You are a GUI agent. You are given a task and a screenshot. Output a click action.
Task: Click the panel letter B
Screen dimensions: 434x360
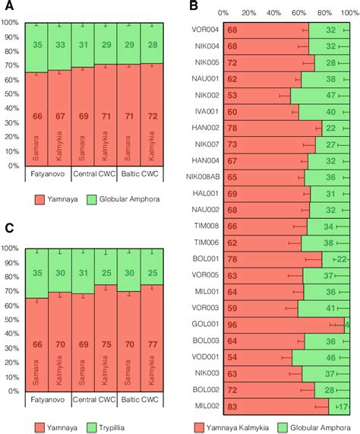point(194,7)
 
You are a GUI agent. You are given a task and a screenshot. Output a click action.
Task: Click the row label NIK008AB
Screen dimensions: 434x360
point(202,177)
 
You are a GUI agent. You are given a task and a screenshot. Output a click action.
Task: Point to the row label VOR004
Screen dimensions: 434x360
point(207,30)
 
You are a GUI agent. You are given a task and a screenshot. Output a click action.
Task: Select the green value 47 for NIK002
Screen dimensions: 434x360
point(331,96)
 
